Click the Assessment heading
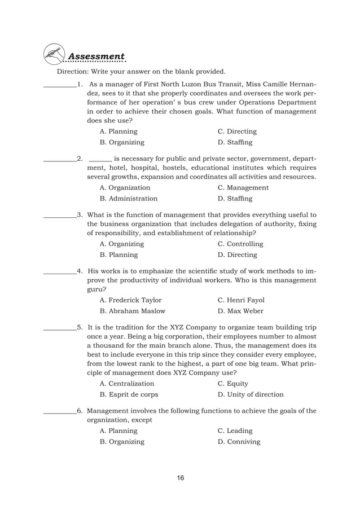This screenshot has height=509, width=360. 96,56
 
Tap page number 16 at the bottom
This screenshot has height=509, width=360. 179,479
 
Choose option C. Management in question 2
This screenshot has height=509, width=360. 243,187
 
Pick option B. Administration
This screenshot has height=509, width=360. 128,199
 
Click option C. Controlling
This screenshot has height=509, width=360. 240,244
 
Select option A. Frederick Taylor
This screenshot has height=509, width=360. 130,300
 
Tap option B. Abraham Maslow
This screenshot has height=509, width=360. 132,311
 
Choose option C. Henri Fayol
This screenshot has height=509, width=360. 240,300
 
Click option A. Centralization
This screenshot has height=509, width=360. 126,383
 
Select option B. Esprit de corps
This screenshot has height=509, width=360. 129,394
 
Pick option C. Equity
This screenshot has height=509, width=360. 232,383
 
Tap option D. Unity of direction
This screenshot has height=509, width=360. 250,394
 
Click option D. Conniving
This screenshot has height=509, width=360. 239,441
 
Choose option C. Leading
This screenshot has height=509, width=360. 235,431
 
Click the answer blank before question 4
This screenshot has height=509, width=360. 60,269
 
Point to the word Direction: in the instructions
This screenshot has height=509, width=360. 73,72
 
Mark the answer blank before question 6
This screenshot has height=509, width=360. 60,411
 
